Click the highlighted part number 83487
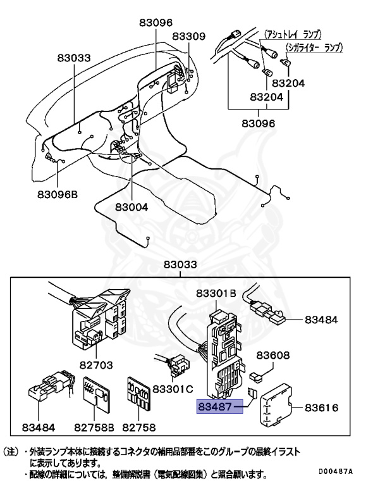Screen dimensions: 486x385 [220, 406]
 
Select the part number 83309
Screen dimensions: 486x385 [188, 37]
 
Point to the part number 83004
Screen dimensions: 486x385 [131, 207]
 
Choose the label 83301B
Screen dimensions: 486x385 [216, 294]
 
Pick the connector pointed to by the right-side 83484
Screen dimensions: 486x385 [268, 311]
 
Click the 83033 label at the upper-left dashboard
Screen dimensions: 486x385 [73, 58]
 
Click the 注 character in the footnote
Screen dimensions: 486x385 [16, 452]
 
